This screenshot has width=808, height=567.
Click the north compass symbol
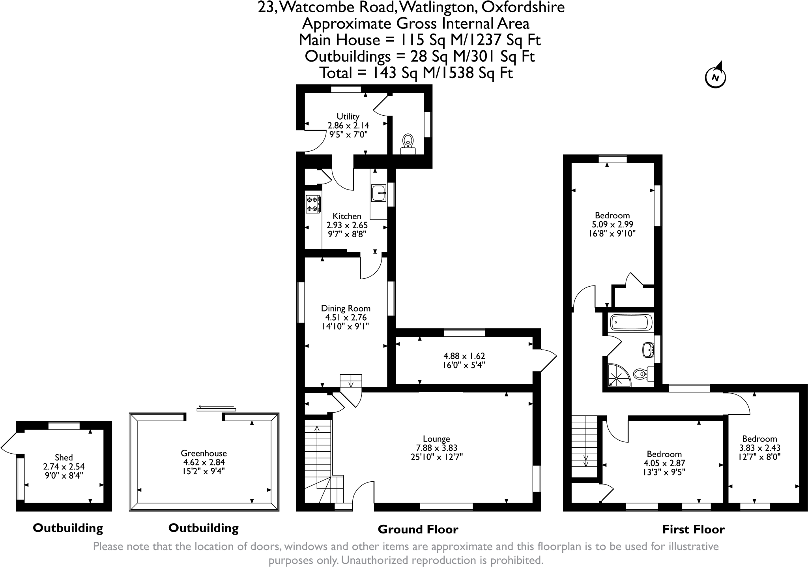pyautogui.click(x=715, y=77)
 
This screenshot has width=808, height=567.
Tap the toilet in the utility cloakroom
pyautogui.click(x=408, y=141)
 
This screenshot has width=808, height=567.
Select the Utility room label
pyautogui.click(x=348, y=116)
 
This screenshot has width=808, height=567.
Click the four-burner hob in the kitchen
pyautogui.click(x=313, y=204)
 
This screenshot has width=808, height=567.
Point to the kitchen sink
pyautogui.click(x=378, y=193)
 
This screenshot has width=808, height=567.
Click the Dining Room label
pyautogui.click(x=346, y=308)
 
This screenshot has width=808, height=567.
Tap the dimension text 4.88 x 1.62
pyautogui.click(x=464, y=356)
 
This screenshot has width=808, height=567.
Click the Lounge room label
pyautogui.click(x=436, y=439)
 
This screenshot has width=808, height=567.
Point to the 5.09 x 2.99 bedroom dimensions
pyautogui.click(x=612, y=224)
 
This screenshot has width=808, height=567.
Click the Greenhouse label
pyautogui.click(x=204, y=453)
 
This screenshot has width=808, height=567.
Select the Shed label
pyautogui.click(x=64, y=457)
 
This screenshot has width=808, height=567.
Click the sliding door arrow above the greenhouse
pyautogui.click(x=216, y=407)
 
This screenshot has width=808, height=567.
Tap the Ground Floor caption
pyautogui.click(x=418, y=529)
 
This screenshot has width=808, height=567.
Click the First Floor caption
pyautogui.click(x=693, y=529)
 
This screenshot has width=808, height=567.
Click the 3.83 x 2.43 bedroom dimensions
pyautogui.click(x=759, y=448)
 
